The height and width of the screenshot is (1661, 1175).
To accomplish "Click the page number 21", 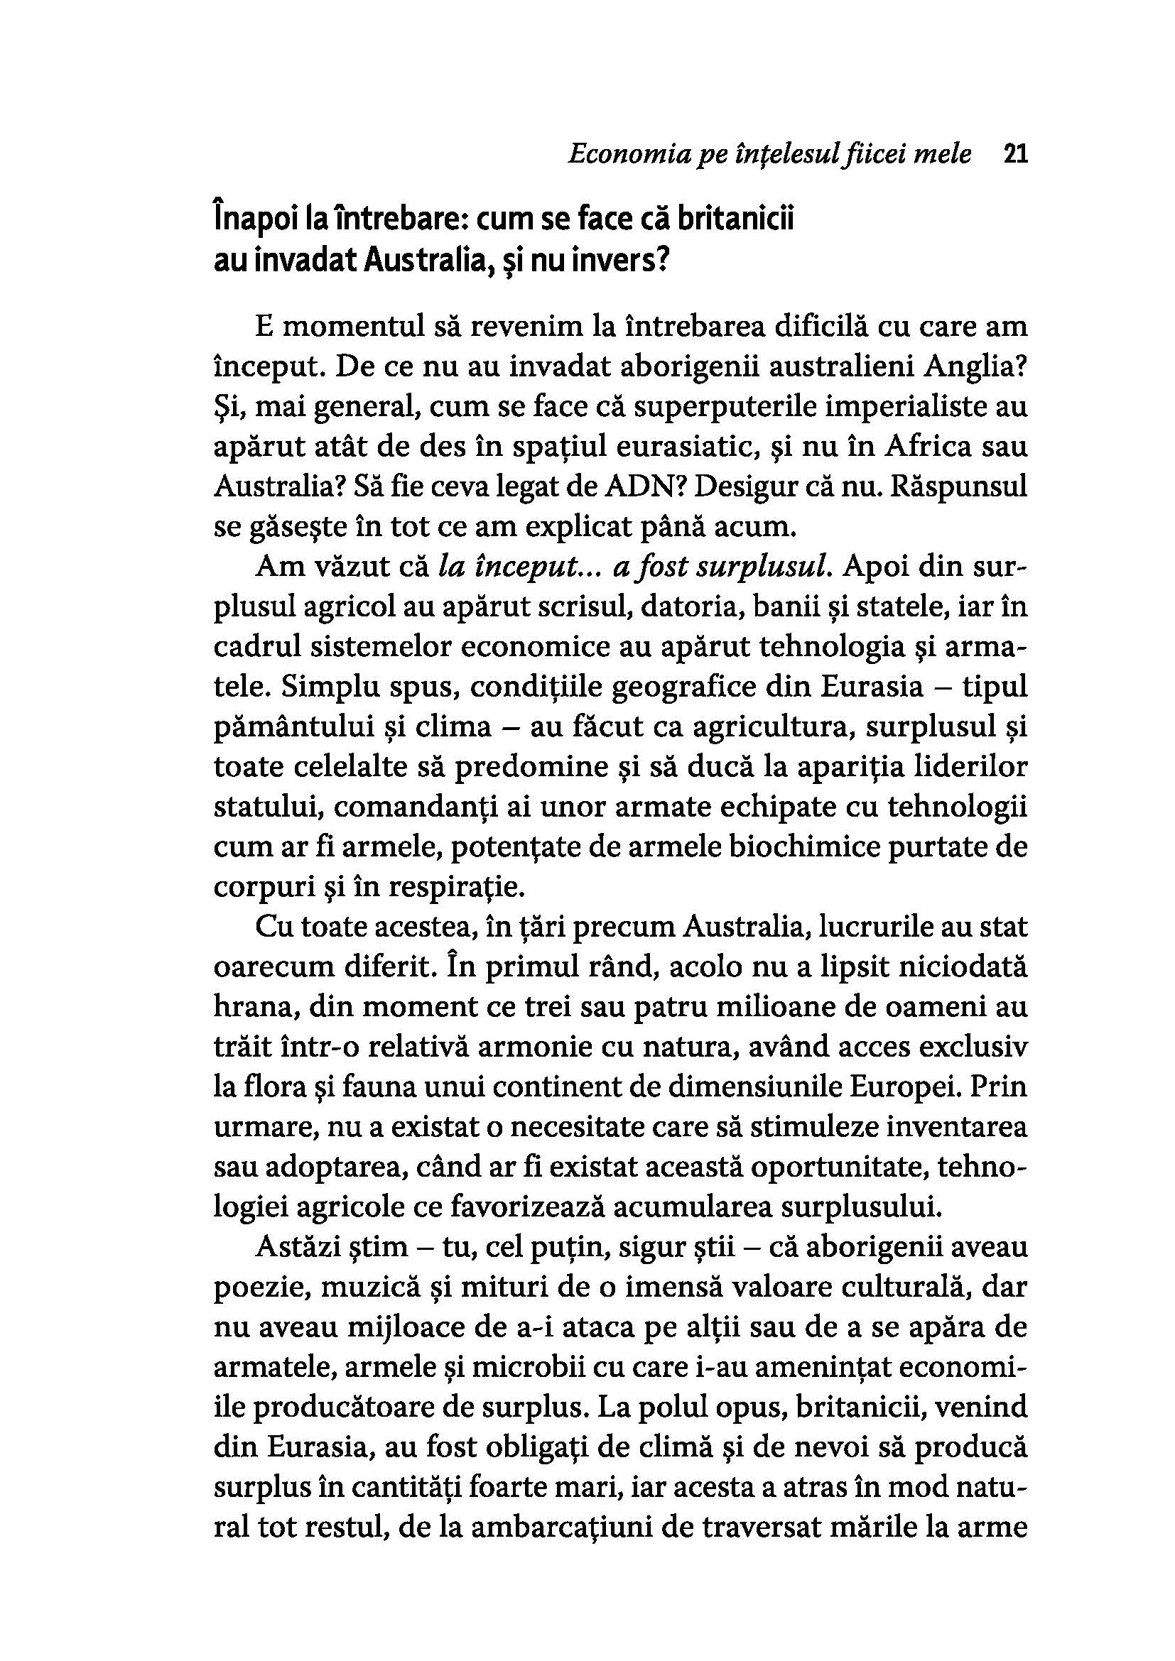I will (1016, 155).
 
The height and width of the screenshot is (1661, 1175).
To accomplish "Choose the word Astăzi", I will (298, 1246).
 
